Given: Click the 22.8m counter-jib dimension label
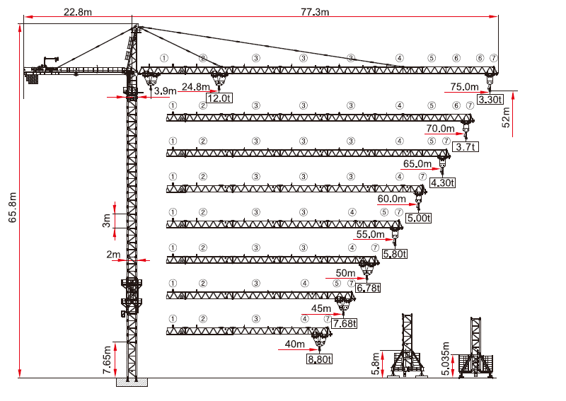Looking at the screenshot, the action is [78, 12].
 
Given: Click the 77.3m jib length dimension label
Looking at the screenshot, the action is [315, 12].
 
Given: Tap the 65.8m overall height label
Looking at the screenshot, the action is [13, 207].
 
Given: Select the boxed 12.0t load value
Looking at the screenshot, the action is [219, 98].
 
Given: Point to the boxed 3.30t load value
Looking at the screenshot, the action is [490, 99].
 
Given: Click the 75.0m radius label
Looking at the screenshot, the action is [464, 87].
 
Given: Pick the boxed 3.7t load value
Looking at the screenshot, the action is [466, 147].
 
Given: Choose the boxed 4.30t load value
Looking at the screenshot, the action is [443, 183].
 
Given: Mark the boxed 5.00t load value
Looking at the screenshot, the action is [418, 219].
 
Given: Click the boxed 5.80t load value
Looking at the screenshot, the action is [395, 254].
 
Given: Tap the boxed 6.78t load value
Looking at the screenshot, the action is [368, 288].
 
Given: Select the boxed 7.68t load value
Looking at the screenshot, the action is [345, 323].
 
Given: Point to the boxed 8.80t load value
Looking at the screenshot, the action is [319, 359].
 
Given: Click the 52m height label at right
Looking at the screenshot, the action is [506, 117].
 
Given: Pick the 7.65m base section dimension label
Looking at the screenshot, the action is [107, 360].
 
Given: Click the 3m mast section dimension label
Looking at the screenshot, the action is [106, 221].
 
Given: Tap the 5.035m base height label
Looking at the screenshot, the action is [446, 359].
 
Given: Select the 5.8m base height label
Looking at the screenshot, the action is [376, 364].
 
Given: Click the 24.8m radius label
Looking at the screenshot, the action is [195, 87].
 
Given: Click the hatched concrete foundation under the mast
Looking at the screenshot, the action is [132, 382].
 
